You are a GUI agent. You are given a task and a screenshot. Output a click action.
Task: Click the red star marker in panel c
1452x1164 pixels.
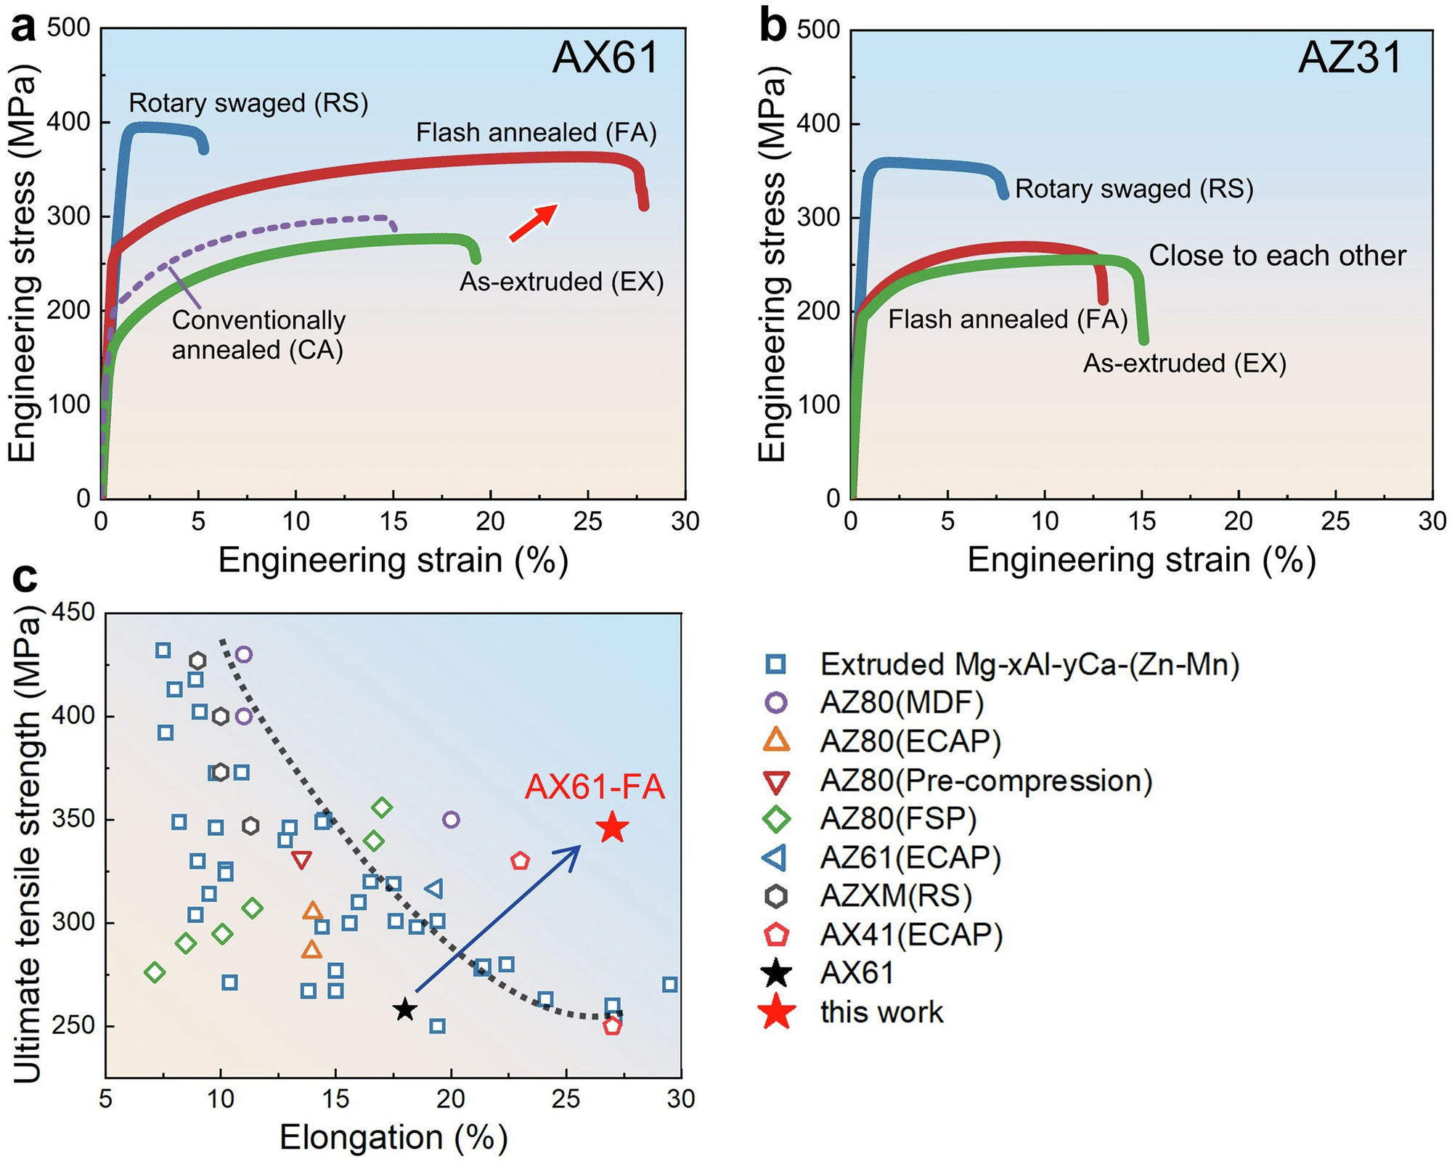(613, 827)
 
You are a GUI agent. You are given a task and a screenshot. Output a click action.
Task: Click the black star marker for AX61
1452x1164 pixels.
(405, 1009)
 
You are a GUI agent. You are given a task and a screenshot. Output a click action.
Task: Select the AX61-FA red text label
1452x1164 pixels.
(594, 786)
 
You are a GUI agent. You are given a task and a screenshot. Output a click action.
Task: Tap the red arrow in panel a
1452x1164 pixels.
(534, 222)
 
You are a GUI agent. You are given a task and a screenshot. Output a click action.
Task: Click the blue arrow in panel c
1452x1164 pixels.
(499, 918)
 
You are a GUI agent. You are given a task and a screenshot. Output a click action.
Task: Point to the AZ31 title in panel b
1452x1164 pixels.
(1350, 57)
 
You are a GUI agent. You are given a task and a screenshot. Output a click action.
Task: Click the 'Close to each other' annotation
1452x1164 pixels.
(1277, 256)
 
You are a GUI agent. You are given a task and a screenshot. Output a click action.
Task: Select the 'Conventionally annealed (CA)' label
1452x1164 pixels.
(258, 335)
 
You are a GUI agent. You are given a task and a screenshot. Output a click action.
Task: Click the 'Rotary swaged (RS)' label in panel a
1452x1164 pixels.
(248, 103)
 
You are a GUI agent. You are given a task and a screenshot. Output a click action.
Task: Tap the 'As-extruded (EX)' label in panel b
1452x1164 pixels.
(1184, 363)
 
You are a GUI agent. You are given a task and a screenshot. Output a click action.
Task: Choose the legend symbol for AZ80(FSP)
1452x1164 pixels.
(777, 819)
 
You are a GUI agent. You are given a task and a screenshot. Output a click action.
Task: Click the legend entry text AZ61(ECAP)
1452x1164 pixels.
(910, 858)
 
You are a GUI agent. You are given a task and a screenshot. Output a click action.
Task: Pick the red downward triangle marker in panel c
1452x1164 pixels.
(301, 860)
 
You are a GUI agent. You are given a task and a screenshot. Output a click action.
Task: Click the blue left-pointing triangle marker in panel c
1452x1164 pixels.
(434, 889)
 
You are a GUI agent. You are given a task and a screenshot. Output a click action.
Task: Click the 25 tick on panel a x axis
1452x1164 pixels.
(587, 521)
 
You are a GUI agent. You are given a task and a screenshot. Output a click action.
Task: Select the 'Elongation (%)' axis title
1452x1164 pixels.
(393, 1136)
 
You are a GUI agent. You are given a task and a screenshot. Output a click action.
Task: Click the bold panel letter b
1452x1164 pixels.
(772, 27)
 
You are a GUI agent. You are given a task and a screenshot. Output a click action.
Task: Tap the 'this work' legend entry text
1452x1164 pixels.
(881, 1012)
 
